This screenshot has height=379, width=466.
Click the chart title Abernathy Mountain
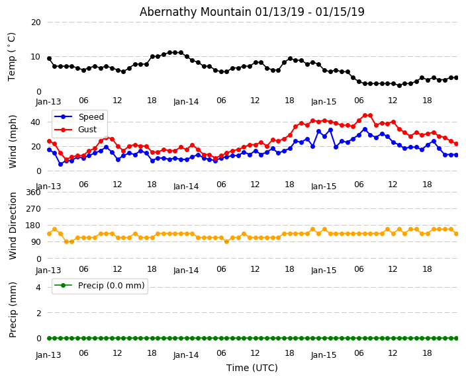(x=252, y=12)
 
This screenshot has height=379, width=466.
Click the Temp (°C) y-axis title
(x=12, y=56)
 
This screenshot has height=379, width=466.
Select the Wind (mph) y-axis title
(x=13, y=141)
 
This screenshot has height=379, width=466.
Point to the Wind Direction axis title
(x=13, y=226)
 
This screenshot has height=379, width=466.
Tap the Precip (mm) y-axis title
(x=13, y=310)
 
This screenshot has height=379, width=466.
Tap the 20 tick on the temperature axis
(x=36, y=22)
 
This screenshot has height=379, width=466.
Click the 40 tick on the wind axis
(x=36, y=122)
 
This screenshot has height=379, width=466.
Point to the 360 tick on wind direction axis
(x=33, y=192)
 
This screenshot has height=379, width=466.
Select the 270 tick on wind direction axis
(x=33, y=209)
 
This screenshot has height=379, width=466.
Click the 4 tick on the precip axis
(x=38, y=287)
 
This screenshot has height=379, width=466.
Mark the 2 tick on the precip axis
(x=38, y=313)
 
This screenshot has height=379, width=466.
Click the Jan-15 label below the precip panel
(x=324, y=355)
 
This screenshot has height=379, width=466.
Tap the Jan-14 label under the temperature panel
(x=186, y=102)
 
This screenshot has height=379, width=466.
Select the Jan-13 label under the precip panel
(x=48, y=355)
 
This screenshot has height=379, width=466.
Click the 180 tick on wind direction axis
(x=33, y=226)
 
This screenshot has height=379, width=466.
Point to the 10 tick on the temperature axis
(x=36, y=57)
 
